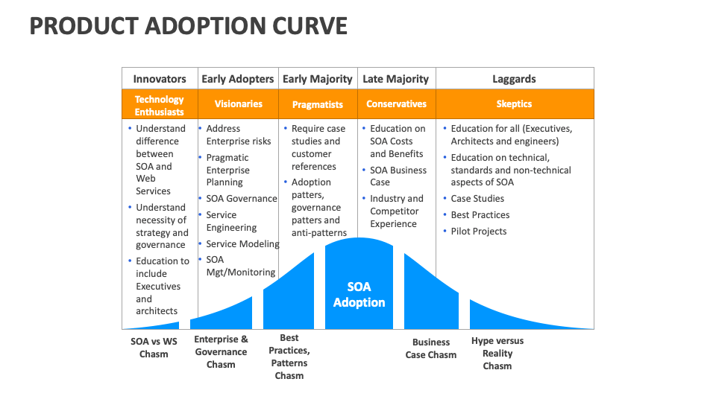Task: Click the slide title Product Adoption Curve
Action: [x=188, y=26]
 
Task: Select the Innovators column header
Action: [x=160, y=79]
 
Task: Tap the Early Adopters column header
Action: [x=238, y=79]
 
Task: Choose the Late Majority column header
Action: [x=395, y=79]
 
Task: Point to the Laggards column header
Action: [x=514, y=79]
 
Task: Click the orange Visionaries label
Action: [x=238, y=104]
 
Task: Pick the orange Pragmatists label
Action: [x=318, y=105]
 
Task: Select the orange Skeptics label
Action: [x=514, y=104]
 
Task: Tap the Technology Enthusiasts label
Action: [x=160, y=105]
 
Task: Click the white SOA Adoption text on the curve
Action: [x=359, y=295]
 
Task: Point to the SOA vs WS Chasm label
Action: [x=154, y=348]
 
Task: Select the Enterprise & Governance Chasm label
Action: [x=221, y=352]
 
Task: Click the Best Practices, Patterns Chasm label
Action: [x=289, y=357]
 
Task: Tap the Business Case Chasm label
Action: [x=431, y=348]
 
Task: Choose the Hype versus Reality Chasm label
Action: [x=497, y=353]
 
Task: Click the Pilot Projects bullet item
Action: [x=478, y=232]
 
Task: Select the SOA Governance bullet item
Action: [x=242, y=199]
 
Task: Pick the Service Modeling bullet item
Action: [x=242, y=244]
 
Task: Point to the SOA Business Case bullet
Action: [x=398, y=176]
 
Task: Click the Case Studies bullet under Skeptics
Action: [x=477, y=199]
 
